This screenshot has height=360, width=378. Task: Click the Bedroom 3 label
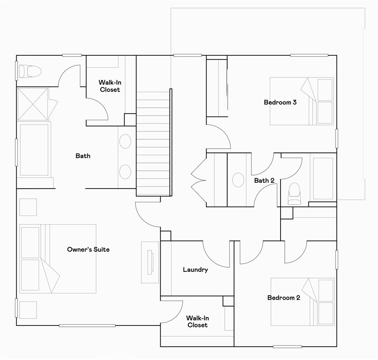click(x=280, y=102)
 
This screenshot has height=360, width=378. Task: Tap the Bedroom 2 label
click(x=283, y=298)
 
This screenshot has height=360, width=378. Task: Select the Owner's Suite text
click(x=88, y=249)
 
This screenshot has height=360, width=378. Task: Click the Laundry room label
click(x=195, y=270)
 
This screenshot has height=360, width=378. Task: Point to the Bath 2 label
click(x=264, y=181)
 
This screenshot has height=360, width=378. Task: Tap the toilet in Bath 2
click(x=295, y=194)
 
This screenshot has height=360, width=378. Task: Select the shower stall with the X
click(x=33, y=104)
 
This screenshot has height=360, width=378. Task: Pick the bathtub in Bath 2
click(x=323, y=178)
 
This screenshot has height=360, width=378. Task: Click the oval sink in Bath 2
click(x=238, y=180)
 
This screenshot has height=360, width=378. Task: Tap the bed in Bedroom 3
click(x=301, y=101)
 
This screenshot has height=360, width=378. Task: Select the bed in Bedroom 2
click(x=302, y=302)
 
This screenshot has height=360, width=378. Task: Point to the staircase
click(x=154, y=144)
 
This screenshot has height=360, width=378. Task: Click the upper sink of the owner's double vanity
click(x=125, y=142)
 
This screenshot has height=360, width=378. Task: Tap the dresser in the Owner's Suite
click(x=149, y=262)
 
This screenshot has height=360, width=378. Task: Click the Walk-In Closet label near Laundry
click(x=197, y=321)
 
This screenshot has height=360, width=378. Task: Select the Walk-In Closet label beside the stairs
click(x=109, y=86)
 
